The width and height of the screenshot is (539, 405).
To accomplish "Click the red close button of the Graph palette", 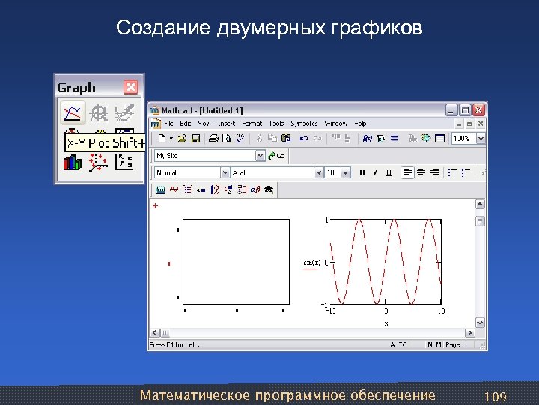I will coord(130,87).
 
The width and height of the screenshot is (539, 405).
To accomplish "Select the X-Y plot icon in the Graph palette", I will coord(72,112).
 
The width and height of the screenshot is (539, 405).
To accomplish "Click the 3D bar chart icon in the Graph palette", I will coord(72,161).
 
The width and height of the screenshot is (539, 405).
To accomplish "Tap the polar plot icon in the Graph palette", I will coord(98,112).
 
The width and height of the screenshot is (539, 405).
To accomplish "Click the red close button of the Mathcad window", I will coord(479,109).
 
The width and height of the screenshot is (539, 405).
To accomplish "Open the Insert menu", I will coord(226,124).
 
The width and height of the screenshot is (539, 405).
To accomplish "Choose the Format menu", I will coord(252,124).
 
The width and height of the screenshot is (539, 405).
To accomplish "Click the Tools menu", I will coord(276,124).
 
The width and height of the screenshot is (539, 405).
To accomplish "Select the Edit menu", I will coord(186,124).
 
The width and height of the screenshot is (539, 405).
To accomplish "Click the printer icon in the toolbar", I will coord(213,139).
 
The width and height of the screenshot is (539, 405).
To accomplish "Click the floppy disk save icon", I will coord(195,139).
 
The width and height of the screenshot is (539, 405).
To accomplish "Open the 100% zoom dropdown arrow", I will coord(480,139).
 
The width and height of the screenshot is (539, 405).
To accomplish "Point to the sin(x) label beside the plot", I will coord(311,262).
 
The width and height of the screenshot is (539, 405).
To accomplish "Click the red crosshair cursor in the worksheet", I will coord(156,205).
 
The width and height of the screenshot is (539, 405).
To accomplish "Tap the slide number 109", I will coord(496,395).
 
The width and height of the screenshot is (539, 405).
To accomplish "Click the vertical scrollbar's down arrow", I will coord(480,323).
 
